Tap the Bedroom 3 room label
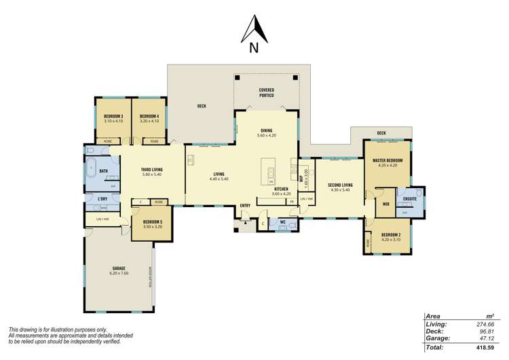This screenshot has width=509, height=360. click(x=113, y=116)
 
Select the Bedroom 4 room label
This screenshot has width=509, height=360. click(x=149, y=116)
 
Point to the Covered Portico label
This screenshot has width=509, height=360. click(x=266, y=92)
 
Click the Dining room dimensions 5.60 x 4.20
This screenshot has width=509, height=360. click(x=266, y=136)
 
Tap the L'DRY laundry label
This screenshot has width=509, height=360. click(x=102, y=199)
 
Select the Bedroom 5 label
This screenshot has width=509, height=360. click(x=151, y=221)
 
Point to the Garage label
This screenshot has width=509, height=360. click(x=119, y=268)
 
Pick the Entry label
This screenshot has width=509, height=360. click(x=245, y=205)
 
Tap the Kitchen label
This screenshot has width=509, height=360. click(x=281, y=189)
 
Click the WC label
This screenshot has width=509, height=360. click(x=283, y=221)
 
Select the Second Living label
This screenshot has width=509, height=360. click(x=340, y=184)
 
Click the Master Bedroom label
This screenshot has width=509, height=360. click(x=387, y=160)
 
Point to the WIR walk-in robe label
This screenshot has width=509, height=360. click(x=385, y=203)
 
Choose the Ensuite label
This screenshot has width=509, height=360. click(x=409, y=200)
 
